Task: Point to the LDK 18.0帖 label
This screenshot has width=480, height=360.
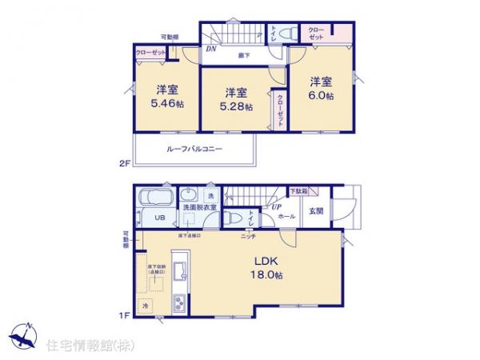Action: (x=267, y=267)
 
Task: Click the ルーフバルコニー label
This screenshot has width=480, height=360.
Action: (x=194, y=149)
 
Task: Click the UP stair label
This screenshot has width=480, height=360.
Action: (x=276, y=207)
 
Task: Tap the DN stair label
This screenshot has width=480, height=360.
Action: (x=210, y=50)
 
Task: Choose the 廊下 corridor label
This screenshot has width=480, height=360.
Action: (x=242, y=56)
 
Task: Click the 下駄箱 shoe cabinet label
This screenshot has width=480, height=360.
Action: (x=298, y=191)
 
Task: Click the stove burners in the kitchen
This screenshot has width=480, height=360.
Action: (x=178, y=302)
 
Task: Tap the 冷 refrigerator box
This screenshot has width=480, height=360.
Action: (x=146, y=305)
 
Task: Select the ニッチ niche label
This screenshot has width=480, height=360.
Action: (x=248, y=236)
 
